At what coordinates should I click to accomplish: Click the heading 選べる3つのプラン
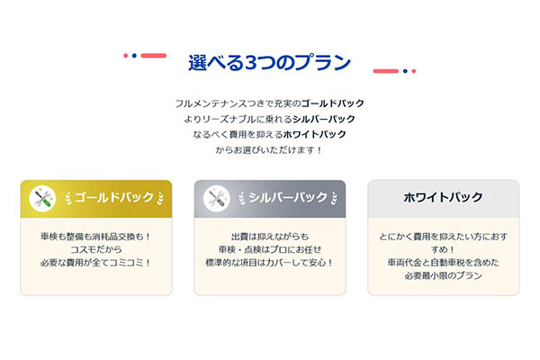click(269, 62)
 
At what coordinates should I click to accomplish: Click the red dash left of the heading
click(154, 56)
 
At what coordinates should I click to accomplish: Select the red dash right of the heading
click(386, 71)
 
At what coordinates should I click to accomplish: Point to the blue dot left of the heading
click(134, 56)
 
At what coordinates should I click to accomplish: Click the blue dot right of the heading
click(405, 71)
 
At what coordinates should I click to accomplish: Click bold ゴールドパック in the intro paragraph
click(332, 103)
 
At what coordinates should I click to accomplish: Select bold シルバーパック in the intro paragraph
click(324, 119)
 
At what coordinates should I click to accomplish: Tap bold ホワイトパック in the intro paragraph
click(314, 134)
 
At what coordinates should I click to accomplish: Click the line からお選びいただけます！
click(269, 150)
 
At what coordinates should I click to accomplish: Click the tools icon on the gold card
click(42, 198)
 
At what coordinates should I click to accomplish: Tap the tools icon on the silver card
click(216, 198)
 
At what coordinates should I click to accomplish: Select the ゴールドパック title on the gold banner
click(114, 197)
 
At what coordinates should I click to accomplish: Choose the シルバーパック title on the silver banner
click(288, 197)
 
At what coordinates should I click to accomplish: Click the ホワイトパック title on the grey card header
click(443, 197)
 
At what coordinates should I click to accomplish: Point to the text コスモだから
click(96, 249)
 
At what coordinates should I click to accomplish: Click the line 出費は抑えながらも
click(270, 237)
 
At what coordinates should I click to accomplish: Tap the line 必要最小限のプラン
click(443, 275)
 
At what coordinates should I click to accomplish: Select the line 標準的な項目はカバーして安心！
click(270, 263)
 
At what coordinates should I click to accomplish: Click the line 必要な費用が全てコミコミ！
click(96, 263)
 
